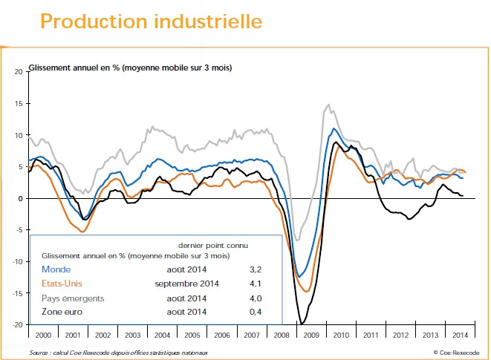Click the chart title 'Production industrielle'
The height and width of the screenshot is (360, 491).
[151, 21]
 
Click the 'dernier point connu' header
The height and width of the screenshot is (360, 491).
[213, 244]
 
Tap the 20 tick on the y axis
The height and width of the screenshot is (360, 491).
[19, 72]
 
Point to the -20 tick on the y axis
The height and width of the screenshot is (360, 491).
[17, 324]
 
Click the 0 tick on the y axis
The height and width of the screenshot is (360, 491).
[21, 198]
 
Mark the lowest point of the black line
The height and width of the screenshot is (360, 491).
[302, 324]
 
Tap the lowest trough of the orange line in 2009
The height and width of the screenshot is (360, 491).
[307, 292]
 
